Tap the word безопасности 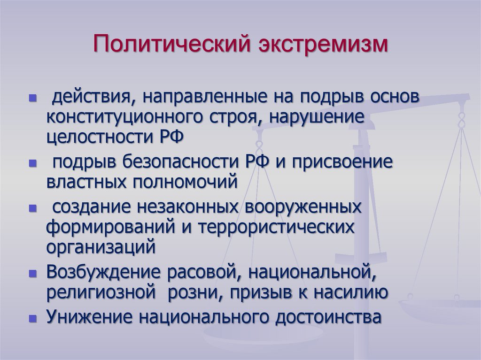click(x=180, y=163)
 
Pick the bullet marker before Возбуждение click(x=32, y=273)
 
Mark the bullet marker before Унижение click(x=32, y=317)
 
